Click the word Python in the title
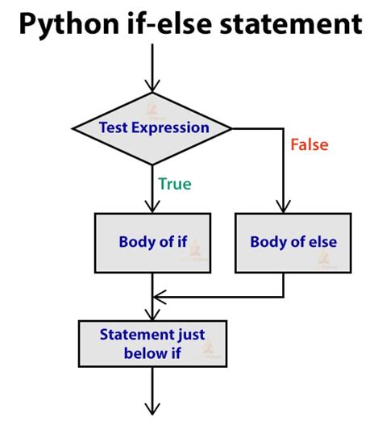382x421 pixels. tap(69, 25)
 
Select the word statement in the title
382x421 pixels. tap(291, 24)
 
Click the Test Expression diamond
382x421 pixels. tap(152, 128)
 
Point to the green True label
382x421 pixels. tap(175, 184)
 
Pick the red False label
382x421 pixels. tap(309, 144)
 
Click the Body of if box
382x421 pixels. tap(152, 243)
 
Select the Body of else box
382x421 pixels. tap(293, 243)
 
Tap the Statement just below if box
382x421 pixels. tap(152, 344)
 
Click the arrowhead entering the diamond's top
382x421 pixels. tap(152, 86)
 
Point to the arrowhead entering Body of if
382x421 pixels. tap(152, 206)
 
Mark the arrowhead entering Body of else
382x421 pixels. tap(284, 206)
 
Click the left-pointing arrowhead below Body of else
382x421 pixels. tap(160, 297)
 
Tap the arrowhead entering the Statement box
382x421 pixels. tap(152, 314)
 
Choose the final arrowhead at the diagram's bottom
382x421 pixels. tap(152, 409)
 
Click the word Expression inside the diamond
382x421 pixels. tap(170, 128)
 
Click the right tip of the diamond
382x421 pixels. tap(232, 129)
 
